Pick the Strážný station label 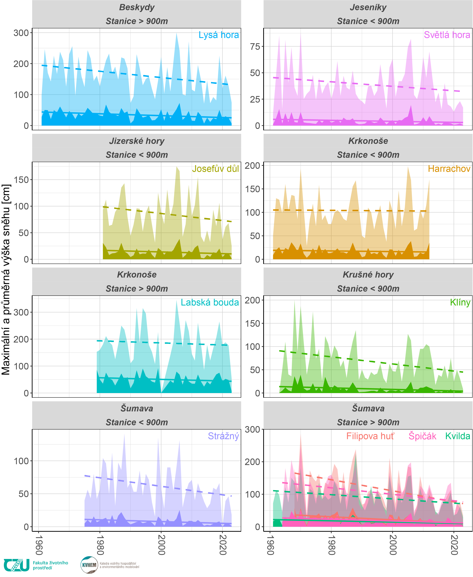(x=223, y=436)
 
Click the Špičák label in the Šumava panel (x=422, y=436)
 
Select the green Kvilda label (x=458, y=436)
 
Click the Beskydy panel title (x=137, y=7)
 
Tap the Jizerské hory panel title (x=137, y=141)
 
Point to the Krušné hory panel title (x=368, y=275)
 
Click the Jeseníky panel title (x=368, y=7)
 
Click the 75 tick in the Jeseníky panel (x=255, y=47)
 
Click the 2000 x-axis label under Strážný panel (x=161, y=545)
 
